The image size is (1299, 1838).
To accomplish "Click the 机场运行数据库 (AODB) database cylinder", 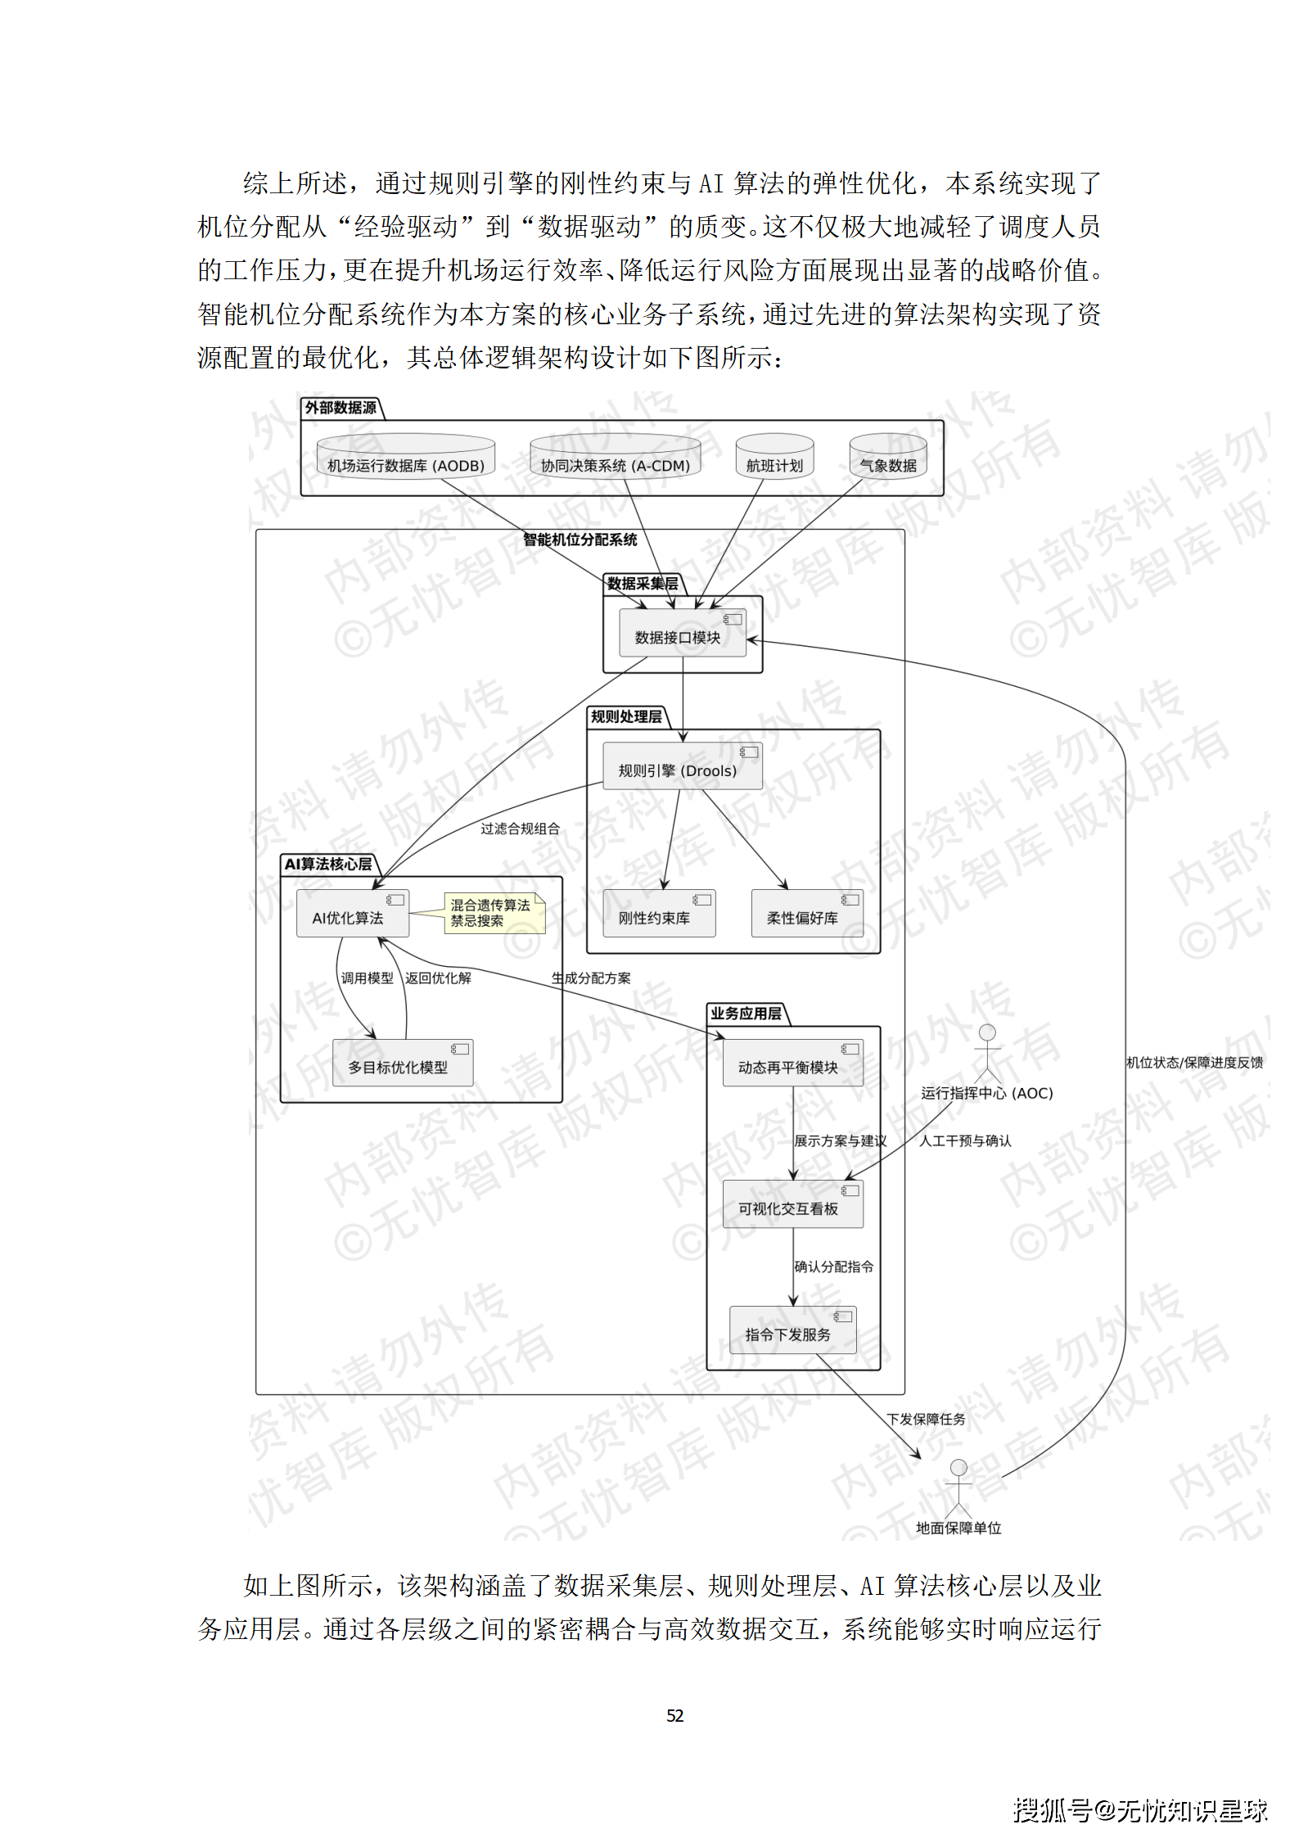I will click(405, 458).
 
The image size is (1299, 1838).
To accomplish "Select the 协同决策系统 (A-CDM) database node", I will click(615, 458).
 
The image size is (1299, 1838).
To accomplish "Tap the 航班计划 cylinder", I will click(774, 458).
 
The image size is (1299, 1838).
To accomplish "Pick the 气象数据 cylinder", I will click(887, 458).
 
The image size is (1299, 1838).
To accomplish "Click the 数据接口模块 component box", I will click(682, 632).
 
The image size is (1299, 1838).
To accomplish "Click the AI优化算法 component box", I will click(353, 914).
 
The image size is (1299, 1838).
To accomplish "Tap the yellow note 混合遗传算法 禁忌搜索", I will click(493, 913).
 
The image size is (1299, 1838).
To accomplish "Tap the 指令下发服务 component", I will click(792, 1330).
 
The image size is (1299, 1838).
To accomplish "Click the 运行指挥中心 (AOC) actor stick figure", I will click(987, 1051).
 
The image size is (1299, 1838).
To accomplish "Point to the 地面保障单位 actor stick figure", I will click(958, 1488).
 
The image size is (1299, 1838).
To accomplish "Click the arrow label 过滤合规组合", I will click(520, 829).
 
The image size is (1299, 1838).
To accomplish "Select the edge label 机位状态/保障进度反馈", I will click(1194, 1063).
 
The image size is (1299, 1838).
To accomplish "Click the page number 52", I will click(674, 1715).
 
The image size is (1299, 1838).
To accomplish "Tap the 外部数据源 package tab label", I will click(341, 408).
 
